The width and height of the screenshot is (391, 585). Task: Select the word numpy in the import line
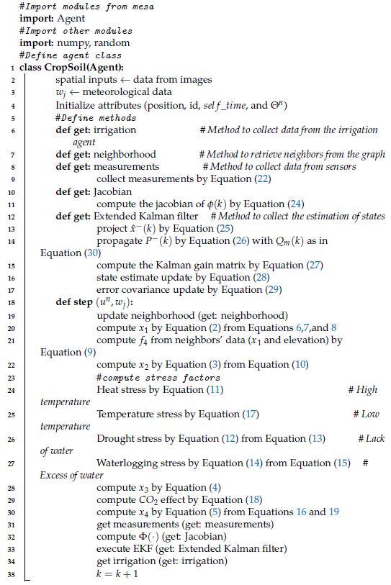click(x=63, y=43)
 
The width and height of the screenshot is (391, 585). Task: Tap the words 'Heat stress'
click(x=120, y=389)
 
